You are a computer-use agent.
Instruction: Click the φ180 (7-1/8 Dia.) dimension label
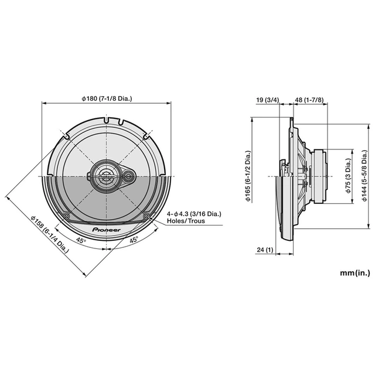(x=107, y=98)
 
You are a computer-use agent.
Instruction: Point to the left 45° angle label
(x=80, y=240)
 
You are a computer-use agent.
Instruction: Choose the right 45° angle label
(x=134, y=240)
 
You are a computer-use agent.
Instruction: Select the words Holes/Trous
(x=182, y=222)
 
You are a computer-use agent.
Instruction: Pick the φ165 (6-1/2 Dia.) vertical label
(x=248, y=175)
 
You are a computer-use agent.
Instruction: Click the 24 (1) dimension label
(x=265, y=250)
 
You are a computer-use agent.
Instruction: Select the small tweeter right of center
(x=128, y=175)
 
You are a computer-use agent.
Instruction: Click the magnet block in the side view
(x=321, y=175)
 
